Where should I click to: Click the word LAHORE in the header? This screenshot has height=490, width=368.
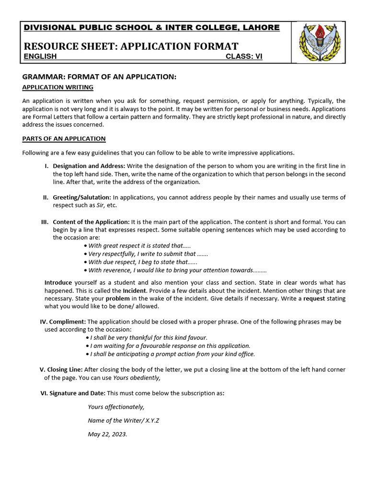tap(262, 27)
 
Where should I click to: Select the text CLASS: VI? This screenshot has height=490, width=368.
tap(244, 56)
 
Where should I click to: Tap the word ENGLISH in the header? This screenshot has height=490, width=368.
tap(40, 56)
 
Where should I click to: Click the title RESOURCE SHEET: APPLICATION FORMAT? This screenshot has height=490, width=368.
tap(131, 46)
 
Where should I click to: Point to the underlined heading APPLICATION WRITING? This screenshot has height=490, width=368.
tap(58, 87)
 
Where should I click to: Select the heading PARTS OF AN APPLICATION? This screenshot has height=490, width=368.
tap(64, 139)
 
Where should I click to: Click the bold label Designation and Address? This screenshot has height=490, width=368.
tap(90, 166)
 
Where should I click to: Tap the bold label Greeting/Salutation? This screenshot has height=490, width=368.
tap(81, 197)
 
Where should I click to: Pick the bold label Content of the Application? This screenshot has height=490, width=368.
tap(91, 222)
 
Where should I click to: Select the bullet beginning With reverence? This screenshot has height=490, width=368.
tap(177, 270)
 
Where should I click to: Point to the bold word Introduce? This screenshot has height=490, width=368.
tap(58, 283)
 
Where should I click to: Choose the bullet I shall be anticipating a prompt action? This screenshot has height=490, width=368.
tap(172, 354)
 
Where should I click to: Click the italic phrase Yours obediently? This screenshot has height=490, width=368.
tap(137, 378)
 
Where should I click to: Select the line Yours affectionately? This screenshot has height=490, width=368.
tap(116, 407)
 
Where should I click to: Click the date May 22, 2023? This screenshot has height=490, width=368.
tap(107, 434)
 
